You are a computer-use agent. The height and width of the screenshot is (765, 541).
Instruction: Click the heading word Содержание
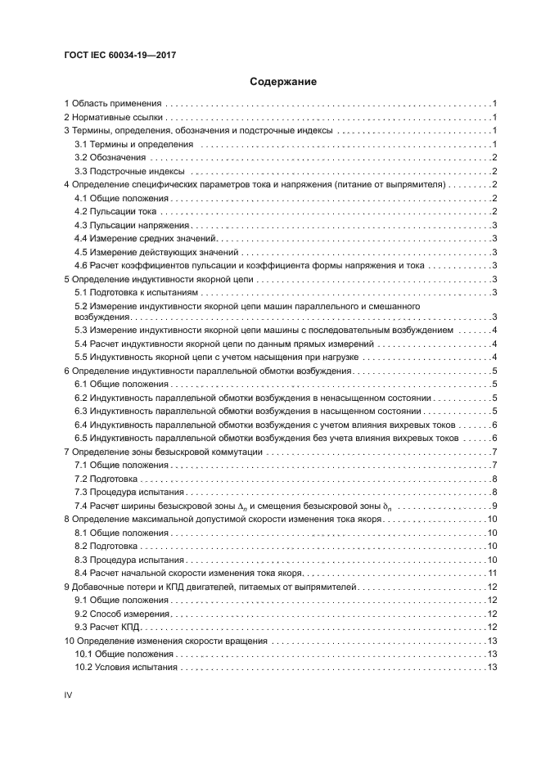click(271, 82)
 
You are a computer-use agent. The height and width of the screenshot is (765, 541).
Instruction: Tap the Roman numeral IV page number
click(69, 695)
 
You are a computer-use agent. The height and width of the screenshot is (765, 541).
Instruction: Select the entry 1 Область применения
click(115, 104)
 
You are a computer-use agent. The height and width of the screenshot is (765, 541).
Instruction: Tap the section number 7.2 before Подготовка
click(81, 478)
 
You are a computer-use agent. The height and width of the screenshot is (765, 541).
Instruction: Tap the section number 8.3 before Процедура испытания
click(81, 559)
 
